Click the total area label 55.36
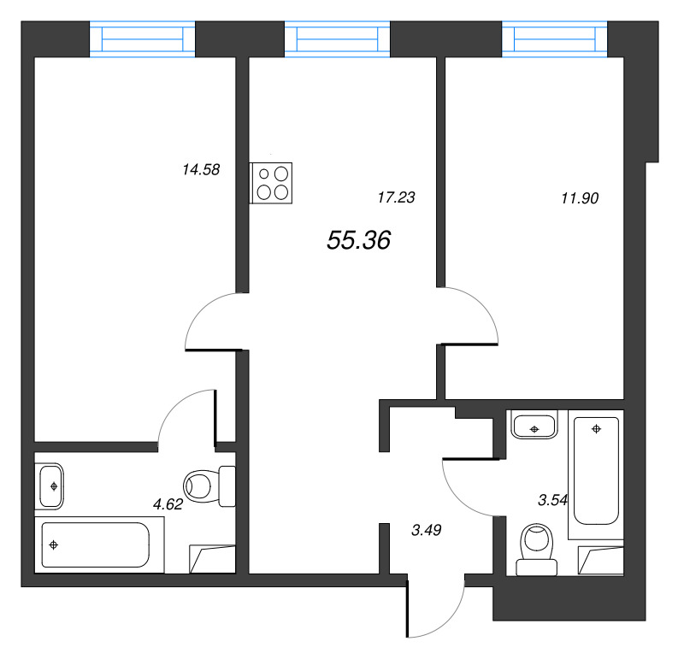358,242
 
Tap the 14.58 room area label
201,169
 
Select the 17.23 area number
395,197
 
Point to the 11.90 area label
580,197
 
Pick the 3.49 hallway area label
426,530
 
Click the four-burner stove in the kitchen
272,183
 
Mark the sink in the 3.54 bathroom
534,425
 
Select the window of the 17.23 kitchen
338,40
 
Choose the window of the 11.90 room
555,40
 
